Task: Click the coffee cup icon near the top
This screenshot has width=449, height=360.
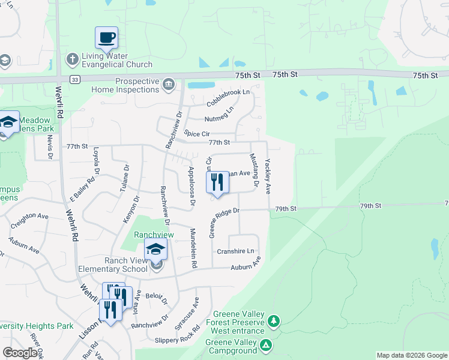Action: [106, 37]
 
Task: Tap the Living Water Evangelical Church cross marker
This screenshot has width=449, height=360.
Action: [72, 59]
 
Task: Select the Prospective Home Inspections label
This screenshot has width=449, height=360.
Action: [125, 85]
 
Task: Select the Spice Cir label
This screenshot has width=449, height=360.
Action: [197, 133]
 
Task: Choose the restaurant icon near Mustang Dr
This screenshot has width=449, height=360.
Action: [217, 181]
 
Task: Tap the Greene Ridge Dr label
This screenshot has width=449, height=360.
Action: [224, 223]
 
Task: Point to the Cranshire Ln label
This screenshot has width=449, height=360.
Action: [235, 251]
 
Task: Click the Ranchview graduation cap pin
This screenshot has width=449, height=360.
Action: [155, 248]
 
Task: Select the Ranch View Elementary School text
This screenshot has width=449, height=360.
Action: [113, 265]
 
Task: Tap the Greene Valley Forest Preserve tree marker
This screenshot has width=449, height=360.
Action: [273, 322]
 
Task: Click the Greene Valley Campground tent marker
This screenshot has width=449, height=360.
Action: [266, 346]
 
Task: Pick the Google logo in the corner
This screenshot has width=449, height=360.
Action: [20, 353]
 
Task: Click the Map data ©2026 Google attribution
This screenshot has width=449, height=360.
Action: [411, 355]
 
